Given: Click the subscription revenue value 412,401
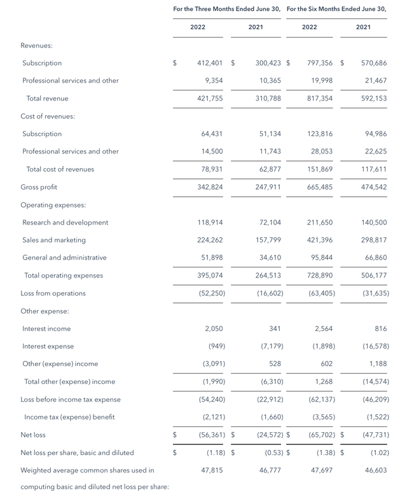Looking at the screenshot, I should point(209,63).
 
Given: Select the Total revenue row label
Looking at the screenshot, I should point(47,99).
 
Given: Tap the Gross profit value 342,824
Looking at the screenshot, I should point(209,187).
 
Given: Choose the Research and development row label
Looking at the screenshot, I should point(65,223).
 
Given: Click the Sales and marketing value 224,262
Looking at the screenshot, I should point(209,240).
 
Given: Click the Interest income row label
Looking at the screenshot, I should point(46,328).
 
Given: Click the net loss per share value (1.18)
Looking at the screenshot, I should point(214,453).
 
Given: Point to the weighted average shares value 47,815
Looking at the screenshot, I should point(212,470).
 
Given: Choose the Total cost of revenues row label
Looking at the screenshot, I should point(60,169).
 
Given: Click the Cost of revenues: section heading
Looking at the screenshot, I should point(48,116).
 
